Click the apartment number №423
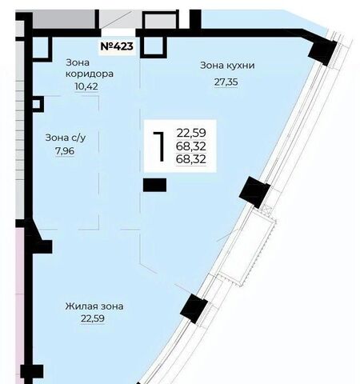(x=117, y=46)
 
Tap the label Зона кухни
(x=227, y=66)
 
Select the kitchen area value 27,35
(x=226, y=82)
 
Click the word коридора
(x=90, y=74)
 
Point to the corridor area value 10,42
(x=86, y=86)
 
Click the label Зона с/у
(x=66, y=138)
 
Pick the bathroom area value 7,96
(x=65, y=151)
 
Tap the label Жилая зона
(x=94, y=306)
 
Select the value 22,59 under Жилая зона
(x=93, y=318)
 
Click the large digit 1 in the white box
(x=159, y=146)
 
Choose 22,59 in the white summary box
(x=191, y=133)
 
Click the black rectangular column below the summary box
(x=154, y=185)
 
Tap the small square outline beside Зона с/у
(x=38, y=104)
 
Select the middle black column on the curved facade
(x=254, y=192)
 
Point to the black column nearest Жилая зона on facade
(x=194, y=309)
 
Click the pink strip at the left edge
(x=20, y=304)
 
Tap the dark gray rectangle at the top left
(x=64, y=19)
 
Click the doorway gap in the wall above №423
(x=118, y=33)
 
